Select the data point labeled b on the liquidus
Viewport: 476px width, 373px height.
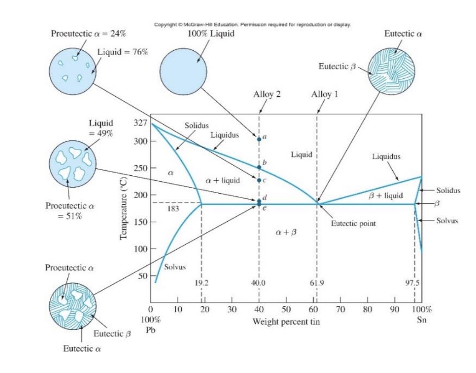pos(259,167)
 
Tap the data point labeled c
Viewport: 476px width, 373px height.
pos(259,180)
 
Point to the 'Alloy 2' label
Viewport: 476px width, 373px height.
pos(267,94)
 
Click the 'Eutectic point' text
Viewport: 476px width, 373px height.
pos(354,223)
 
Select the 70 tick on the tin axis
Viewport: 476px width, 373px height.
pos(341,309)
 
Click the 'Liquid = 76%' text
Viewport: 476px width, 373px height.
pos(123,51)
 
